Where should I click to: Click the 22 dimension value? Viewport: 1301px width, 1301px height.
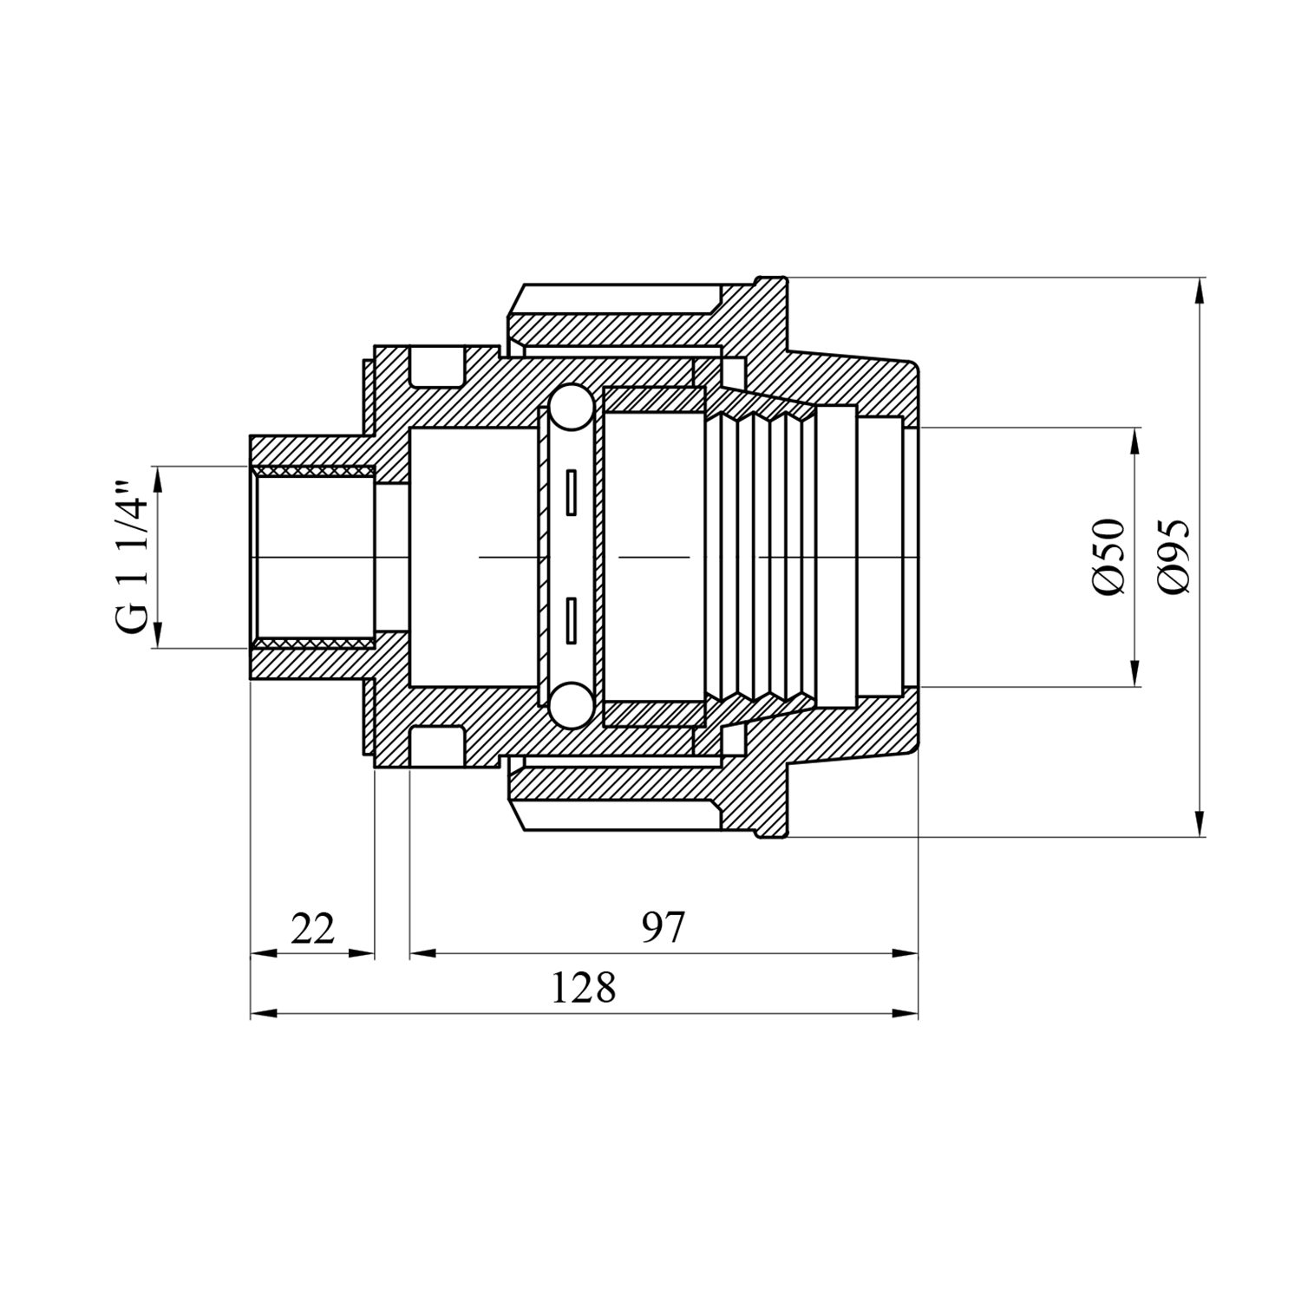[x=312, y=929]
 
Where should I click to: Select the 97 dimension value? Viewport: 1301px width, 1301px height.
[x=664, y=928]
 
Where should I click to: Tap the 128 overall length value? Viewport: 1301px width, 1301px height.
[x=584, y=988]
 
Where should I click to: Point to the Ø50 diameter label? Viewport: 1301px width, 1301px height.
[x=1108, y=556]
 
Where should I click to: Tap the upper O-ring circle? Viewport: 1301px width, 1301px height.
[x=571, y=408]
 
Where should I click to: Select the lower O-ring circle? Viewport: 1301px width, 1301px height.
[x=571, y=704]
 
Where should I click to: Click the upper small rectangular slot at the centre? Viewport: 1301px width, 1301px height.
[x=571, y=493]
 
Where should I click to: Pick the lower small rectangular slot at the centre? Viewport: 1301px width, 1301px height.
[x=571, y=620]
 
